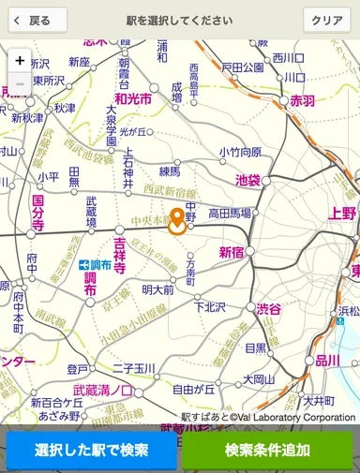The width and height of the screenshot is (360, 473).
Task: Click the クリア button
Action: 326,20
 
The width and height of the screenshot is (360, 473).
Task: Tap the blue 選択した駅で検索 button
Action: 91,451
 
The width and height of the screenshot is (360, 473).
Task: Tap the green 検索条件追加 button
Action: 267,451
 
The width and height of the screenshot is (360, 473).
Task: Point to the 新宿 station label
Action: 232,252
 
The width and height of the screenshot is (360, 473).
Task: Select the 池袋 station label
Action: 247,179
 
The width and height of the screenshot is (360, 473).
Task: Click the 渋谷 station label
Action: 269,310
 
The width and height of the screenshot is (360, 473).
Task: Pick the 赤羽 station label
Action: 303,100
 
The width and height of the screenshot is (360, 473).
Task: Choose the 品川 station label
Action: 327,361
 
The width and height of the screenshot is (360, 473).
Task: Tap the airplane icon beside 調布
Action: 82,265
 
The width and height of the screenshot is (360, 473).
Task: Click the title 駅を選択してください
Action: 179,20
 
